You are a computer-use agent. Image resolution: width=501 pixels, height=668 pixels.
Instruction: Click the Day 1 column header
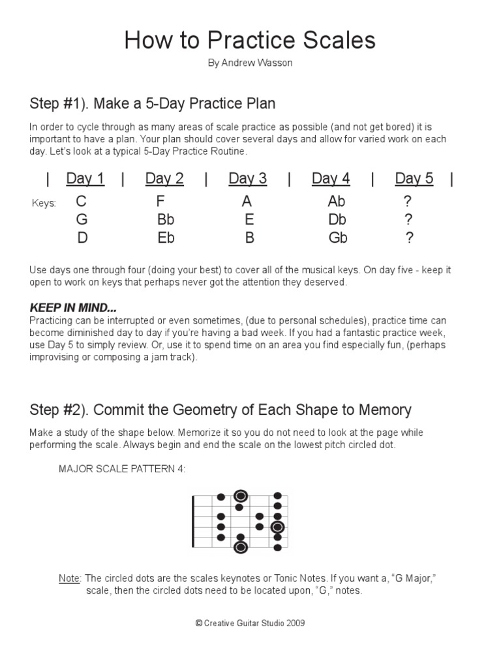coord(85,179)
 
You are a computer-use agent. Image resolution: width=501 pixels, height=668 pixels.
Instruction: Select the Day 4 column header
coord(331,179)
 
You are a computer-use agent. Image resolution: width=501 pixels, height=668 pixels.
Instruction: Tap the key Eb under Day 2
coord(166,238)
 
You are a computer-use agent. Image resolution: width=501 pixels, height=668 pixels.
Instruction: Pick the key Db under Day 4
coord(337,220)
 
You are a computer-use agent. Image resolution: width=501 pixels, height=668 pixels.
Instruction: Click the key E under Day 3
coord(249,220)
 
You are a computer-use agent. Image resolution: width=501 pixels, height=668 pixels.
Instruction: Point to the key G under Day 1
coord(82,220)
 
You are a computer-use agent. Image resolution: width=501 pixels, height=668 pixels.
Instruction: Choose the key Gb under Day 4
coord(338,238)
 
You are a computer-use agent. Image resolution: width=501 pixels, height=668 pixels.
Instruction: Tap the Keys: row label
coord(44,204)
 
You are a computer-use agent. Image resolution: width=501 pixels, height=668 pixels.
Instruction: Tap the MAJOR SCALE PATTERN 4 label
coord(122,468)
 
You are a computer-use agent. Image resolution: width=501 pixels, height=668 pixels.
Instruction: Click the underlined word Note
coord(68,579)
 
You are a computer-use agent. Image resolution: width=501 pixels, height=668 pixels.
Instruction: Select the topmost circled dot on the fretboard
coord(240,496)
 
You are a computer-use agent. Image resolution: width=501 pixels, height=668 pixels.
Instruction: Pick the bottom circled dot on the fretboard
coord(240,547)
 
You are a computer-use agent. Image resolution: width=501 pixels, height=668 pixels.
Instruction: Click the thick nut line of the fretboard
coord(193,522)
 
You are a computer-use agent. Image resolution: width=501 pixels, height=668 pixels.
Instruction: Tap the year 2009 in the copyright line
coord(295,624)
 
